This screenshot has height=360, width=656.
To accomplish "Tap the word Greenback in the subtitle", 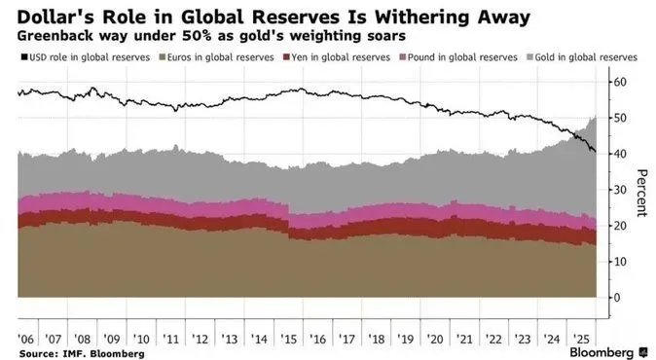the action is [55, 36].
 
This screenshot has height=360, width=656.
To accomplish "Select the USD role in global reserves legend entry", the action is [86, 57].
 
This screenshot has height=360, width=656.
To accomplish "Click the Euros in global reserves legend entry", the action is [217, 57].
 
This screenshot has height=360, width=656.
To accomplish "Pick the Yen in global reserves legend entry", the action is [337, 57].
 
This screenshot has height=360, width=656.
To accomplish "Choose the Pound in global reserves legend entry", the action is [459, 57].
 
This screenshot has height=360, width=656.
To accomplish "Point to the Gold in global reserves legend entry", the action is [582, 57].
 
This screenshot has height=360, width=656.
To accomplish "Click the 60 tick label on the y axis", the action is [620, 82].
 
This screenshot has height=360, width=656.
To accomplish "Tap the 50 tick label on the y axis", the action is [620, 118].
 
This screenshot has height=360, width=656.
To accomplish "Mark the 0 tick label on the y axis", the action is [617, 298].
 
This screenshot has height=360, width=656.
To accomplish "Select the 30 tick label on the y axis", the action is [620, 190].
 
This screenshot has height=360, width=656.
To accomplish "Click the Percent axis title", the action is [641, 194].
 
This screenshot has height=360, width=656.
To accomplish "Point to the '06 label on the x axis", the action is [25, 339].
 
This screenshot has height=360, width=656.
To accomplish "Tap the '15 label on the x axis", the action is [289, 339].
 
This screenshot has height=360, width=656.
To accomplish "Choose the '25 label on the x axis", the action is [582, 339].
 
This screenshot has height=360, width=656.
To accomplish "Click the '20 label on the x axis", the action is [435, 339].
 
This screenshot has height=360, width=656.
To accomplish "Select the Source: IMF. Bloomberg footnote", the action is [82, 354].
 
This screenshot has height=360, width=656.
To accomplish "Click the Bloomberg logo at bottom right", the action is [608, 352].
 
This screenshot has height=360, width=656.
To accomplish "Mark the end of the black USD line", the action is [596, 152].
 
